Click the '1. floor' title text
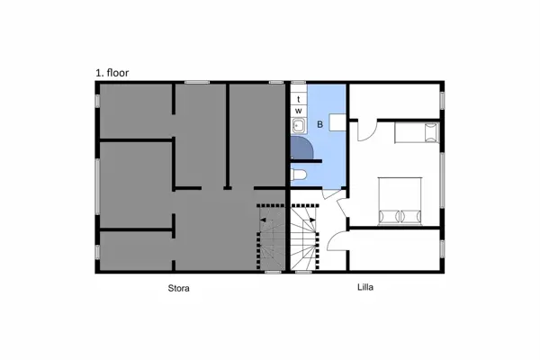coord(112,73)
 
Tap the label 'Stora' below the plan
coord(178,288)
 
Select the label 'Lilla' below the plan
coord(365,287)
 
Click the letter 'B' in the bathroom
coord(319,124)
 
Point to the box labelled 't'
coord(299,99)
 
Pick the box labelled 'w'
coord(299,111)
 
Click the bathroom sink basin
coord(299,126)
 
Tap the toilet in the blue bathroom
coord(298,175)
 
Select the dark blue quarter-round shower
coord(301,148)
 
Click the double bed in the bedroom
coord(400,202)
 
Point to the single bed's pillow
coord(431,132)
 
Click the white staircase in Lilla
coord(303,238)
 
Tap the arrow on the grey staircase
coord(263,220)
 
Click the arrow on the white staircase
coord(312,219)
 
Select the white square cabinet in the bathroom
coord(337,122)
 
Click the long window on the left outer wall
coord(97,186)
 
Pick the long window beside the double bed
coord(442,180)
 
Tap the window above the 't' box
coord(298,83)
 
